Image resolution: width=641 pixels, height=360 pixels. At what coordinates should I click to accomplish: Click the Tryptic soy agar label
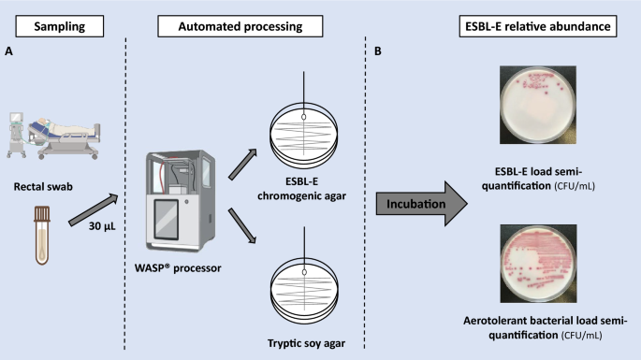pos(306,344)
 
